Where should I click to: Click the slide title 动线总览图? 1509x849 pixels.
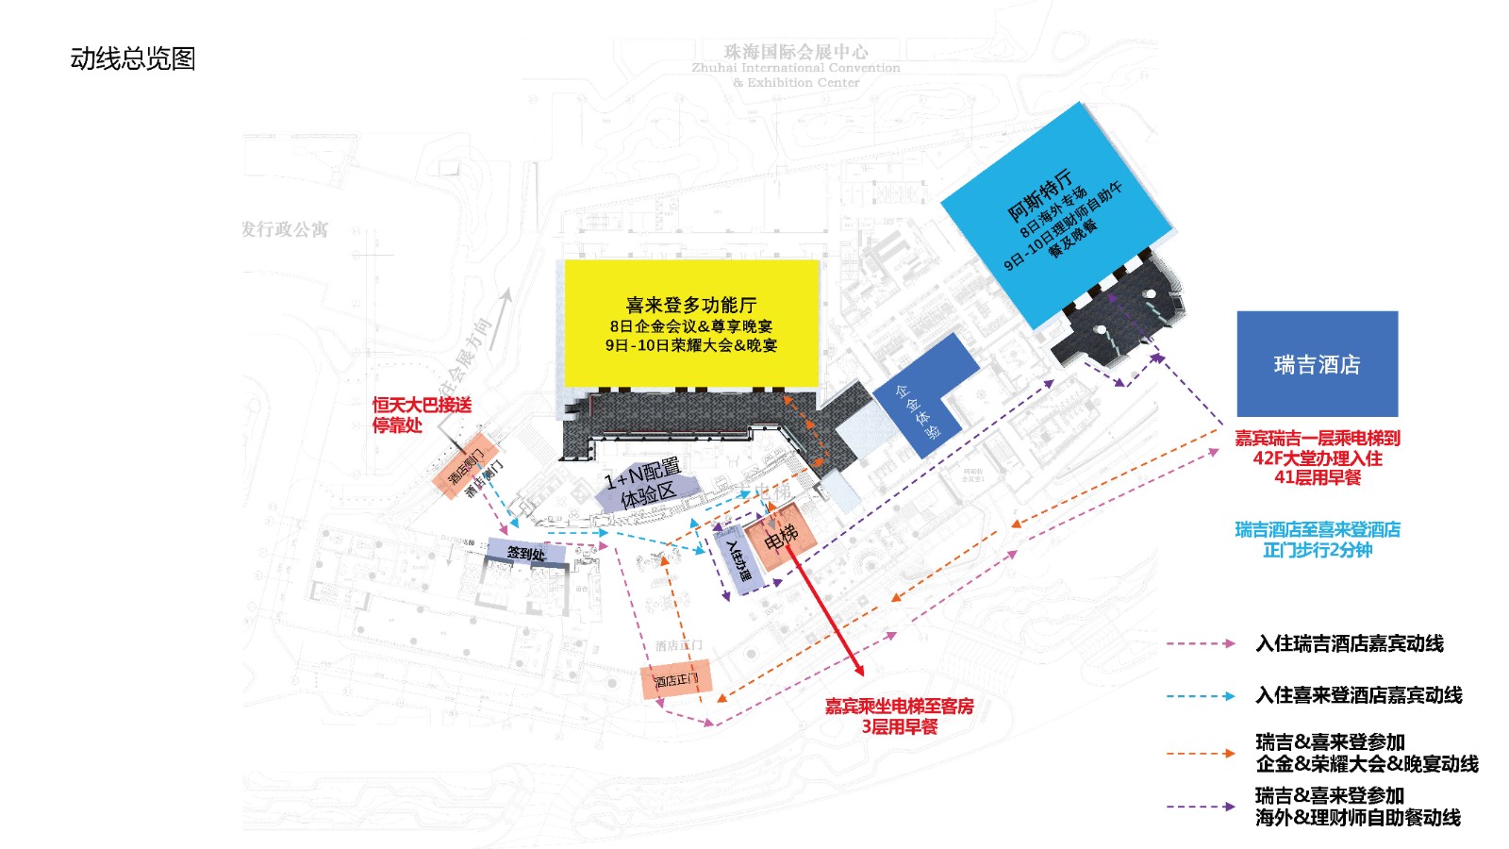tap(133, 58)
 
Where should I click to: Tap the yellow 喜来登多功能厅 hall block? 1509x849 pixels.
tap(691, 323)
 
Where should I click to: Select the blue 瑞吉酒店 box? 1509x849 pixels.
tap(1317, 364)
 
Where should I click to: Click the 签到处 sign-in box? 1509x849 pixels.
tap(526, 553)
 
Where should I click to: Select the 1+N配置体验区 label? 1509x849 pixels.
tap(643, 483)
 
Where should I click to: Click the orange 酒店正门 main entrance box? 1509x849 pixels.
tap(676, 679)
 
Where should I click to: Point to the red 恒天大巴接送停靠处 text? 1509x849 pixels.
tap(422, 415)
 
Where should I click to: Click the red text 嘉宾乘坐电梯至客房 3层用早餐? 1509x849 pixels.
tap(899, 716)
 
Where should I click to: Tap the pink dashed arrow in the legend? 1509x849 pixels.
tap(1200, 643)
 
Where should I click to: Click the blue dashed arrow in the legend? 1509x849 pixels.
tap(1200, 696)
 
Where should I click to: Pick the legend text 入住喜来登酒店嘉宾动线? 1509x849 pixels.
tap(1358, 695)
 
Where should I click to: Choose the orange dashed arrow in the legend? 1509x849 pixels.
tap(1200, 753)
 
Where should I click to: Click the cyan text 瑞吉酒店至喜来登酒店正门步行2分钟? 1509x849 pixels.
tap(1317, 540)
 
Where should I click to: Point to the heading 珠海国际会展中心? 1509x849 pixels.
tap(796, 52)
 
